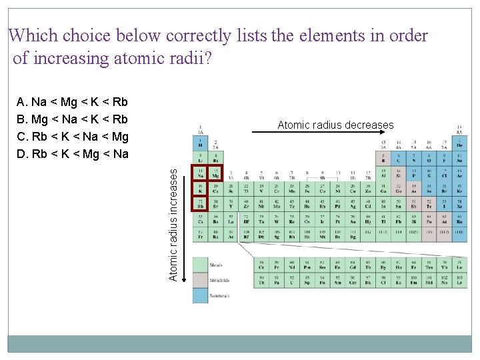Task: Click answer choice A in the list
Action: pyautogui.click(x=72, y=102)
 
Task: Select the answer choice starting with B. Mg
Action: pyautogui.click(x=72, y=119)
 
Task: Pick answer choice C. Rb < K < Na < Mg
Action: pyautogui.click(x=72, y=137)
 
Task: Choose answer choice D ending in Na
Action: pyautogui.click(x=72, y=155)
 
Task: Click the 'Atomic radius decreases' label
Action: pyautogui.click(x=335, y=125)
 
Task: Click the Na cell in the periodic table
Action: pyautogui.click(x=200, y=173)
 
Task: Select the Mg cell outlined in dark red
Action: pyautogui.click(x=215, y=173)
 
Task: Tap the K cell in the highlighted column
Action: pyautogui.click(x=200, y=188)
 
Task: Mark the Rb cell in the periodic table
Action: pyautogui.click(x=200, y=203)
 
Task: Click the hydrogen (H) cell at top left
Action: pyautogui.click(x=200, y=143)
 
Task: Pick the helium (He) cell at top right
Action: pyautogui.click(x=459, y=143)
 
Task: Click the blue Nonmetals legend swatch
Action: pyautogui.click(x=201, y=295)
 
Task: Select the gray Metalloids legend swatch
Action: pyautogui.click(x=201, y=280)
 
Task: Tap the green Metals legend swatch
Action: pyautogui.click(x=201, y=265)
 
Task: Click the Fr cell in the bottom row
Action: pyautogui.click(x=200, y=234)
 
